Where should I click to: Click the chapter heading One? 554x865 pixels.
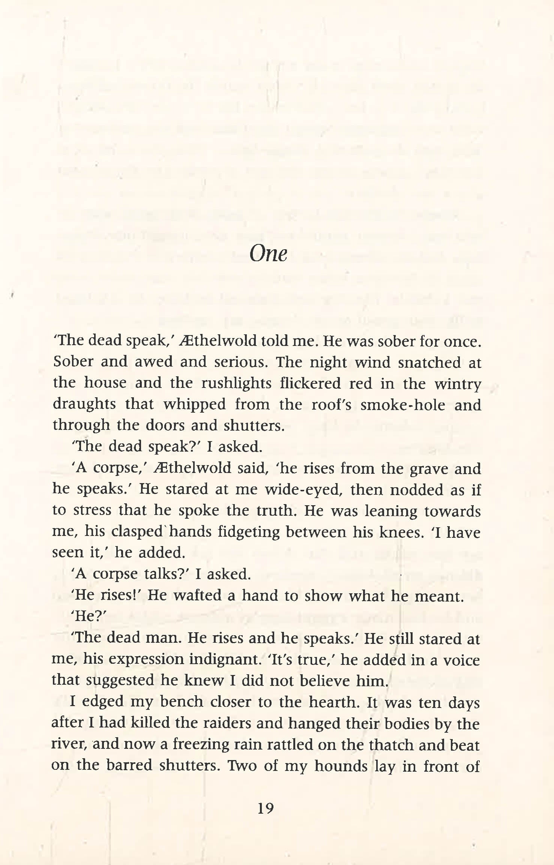[x=268, y=254]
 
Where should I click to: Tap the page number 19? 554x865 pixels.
[x=265, y=808]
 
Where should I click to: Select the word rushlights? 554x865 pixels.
[x=236, y=383]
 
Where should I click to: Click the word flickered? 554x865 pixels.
[x=310, y=383]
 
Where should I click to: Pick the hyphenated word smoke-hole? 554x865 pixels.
[x=403, y=405]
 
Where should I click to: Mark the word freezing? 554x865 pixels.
[x=201, y=745]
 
